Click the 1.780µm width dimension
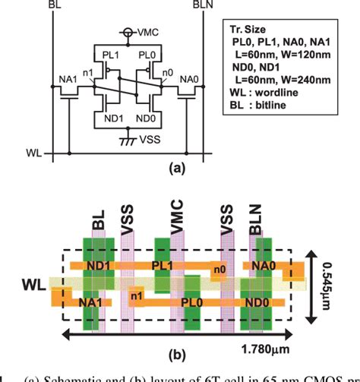pos(302,349)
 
